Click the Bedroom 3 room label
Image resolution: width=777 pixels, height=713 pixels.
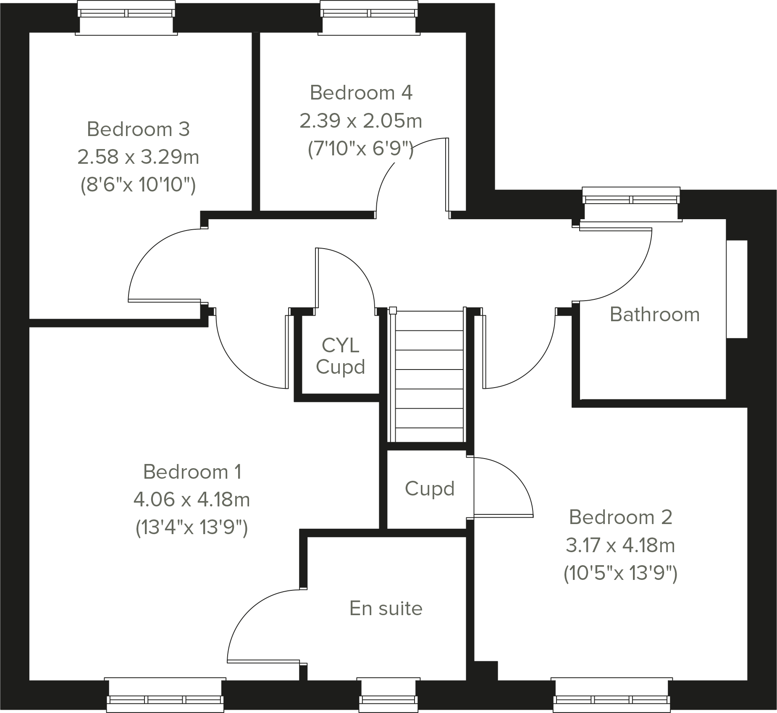click(x=138, y=129)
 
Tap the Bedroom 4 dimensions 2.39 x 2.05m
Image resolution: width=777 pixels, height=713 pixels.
click(x=360, y=121)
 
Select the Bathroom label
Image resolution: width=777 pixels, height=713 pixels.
click(x=654, y=315)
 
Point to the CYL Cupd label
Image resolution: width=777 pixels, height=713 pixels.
click(x=340, y=356)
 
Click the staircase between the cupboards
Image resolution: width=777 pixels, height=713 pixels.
click(x=430, y=378)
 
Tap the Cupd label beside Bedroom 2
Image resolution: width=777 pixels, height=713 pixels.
click(x=430, y=488)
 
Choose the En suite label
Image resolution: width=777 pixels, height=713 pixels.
click(x=386, y=608)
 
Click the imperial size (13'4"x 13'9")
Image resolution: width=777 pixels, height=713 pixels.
click(x=192, y=527)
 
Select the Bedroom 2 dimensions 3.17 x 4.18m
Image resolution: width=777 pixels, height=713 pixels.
click(x=620, y=545)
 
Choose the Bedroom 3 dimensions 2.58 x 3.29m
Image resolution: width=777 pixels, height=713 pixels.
click(x=138, y=157)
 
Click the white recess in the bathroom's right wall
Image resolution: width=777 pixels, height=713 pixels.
click(x=737, y=289)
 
